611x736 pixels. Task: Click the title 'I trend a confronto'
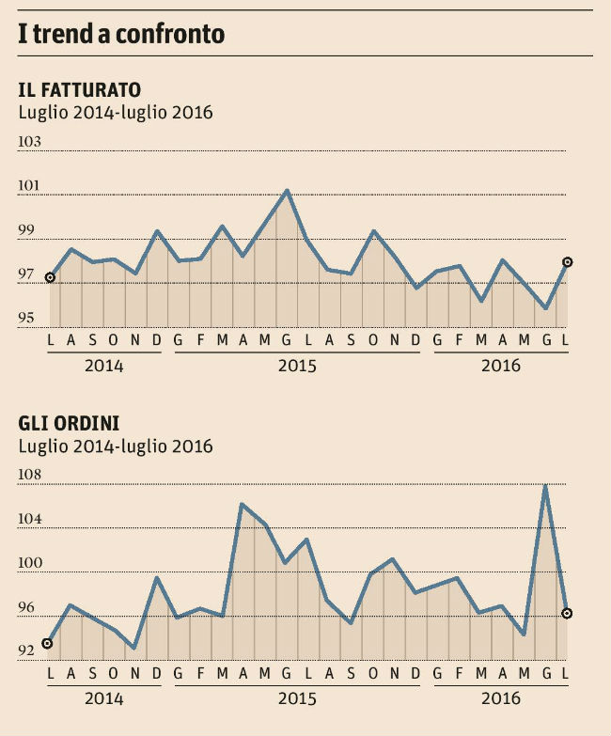[121, 35]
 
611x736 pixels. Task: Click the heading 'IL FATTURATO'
[80, 90]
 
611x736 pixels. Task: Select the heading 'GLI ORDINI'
[69, 424]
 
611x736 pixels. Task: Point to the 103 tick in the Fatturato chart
[31, 142]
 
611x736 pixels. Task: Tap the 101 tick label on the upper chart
[31, 186]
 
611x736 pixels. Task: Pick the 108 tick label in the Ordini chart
[31, 476]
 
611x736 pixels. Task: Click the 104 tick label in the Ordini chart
[31, 520]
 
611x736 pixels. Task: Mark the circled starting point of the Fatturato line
[50, 277]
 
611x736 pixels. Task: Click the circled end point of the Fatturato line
[567, 262]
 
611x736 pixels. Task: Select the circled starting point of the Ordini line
[48, 644]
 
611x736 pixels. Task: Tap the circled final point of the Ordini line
[567, 613]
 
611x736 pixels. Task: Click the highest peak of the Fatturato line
[287, 191]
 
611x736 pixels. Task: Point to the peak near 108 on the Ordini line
[545, 486]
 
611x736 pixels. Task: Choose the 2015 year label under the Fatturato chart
[297, 366]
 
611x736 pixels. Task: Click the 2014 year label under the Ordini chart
[103, 699]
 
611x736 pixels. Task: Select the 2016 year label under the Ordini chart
[500, 699]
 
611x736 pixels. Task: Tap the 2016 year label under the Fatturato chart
[500, 366]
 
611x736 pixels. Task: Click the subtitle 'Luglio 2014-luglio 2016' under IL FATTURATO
[116, 114]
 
